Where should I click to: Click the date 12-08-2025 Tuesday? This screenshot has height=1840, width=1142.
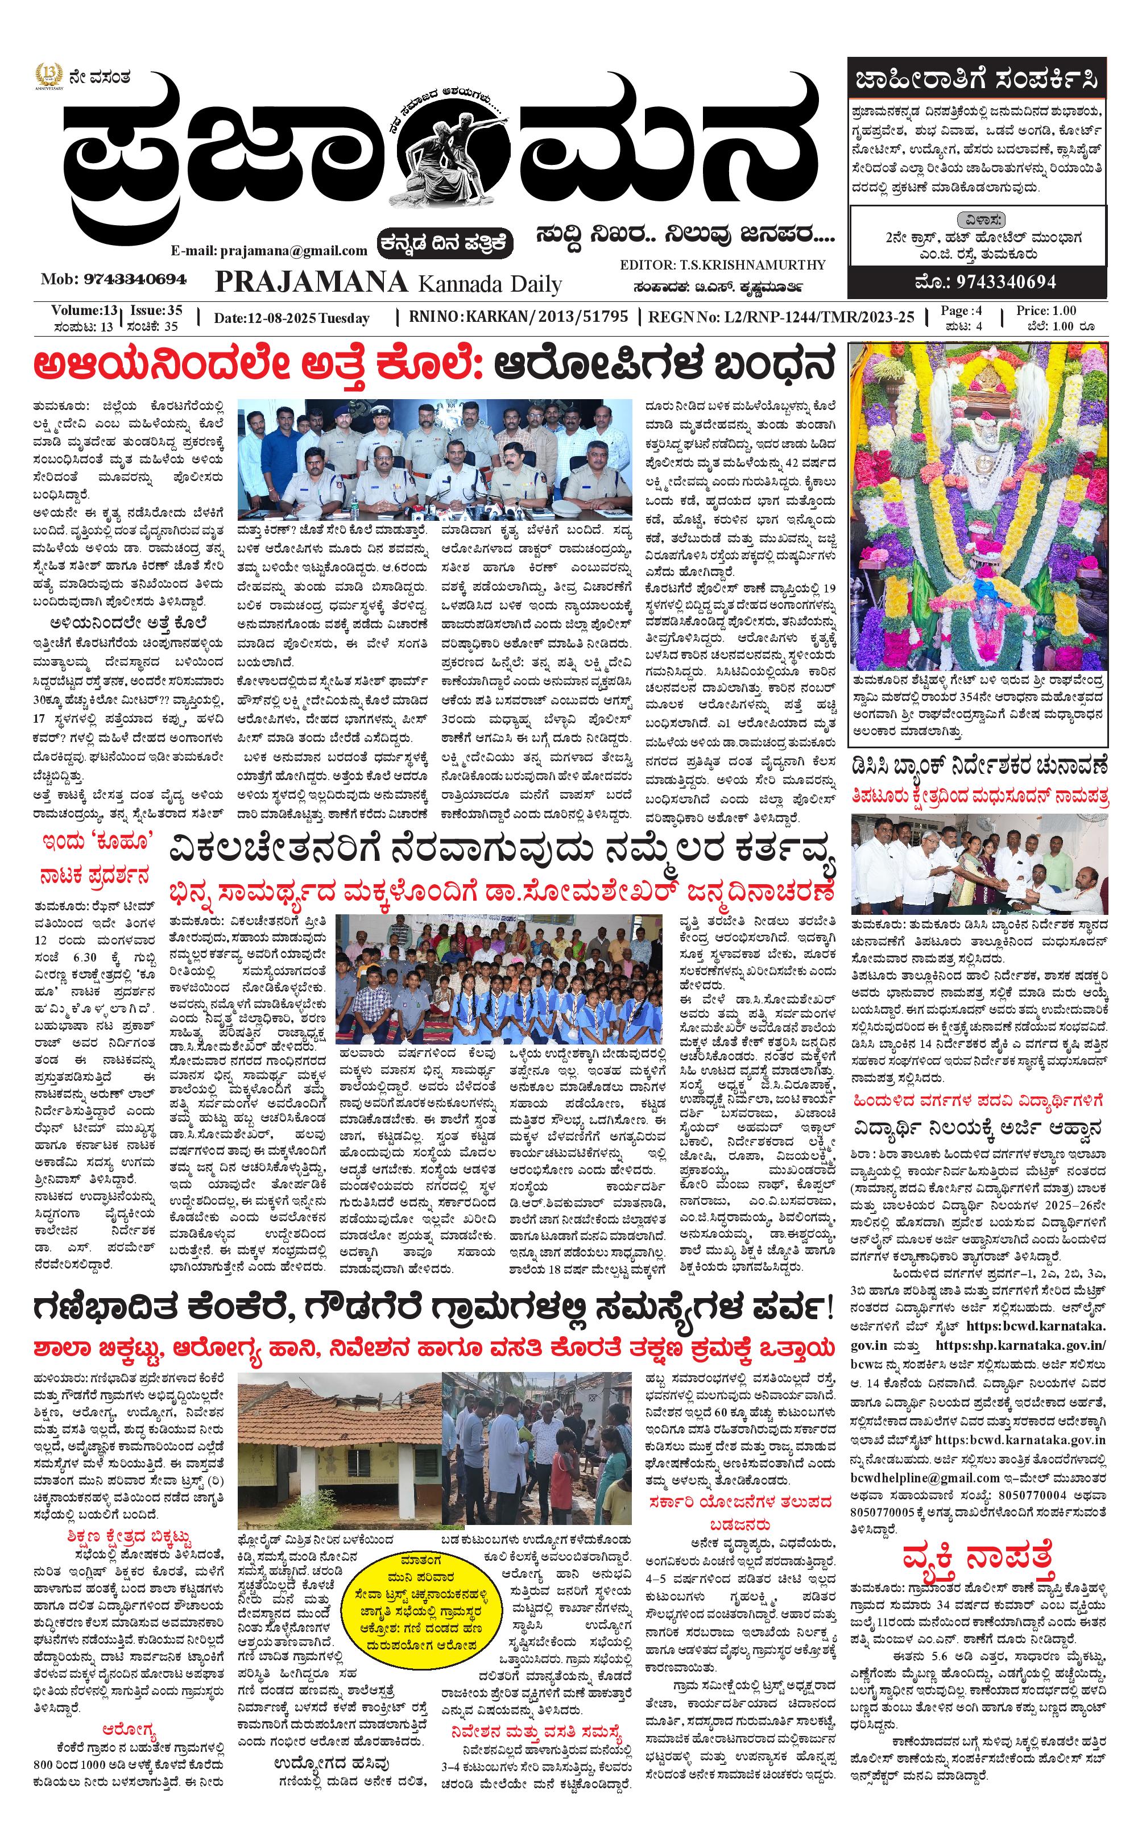tap(292, 318)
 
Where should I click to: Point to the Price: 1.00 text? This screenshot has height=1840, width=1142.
tap(1046, 310)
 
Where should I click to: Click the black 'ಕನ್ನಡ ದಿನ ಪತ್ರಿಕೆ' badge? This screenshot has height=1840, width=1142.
tap(446, 243)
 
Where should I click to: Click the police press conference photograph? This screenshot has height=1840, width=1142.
tap(435, 458)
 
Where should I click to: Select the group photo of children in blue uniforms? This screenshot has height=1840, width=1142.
tap(499, 979)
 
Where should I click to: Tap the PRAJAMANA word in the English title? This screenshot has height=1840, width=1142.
tap(311, 283)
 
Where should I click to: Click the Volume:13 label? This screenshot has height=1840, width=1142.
tap(84, 310)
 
